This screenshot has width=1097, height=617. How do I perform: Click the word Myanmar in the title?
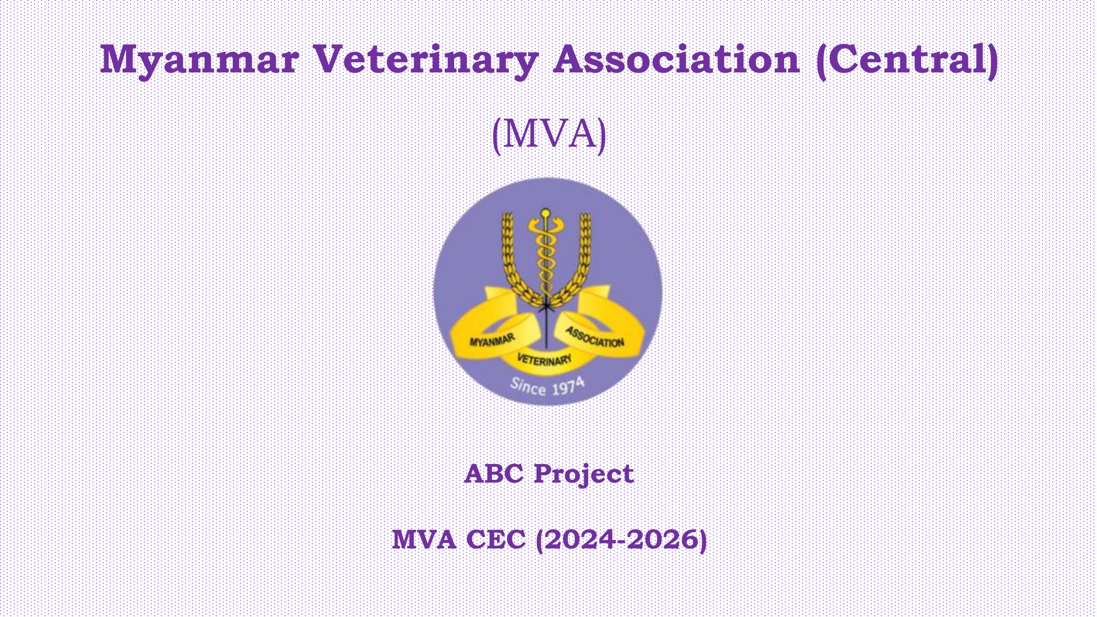199,61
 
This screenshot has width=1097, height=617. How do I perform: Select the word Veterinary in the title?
426,61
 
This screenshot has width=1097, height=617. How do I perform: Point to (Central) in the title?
907,61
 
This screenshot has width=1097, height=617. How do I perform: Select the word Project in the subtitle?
584,475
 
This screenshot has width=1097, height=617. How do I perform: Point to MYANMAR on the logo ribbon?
492,340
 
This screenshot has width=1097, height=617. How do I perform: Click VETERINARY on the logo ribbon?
544,359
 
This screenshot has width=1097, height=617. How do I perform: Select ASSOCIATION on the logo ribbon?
595,337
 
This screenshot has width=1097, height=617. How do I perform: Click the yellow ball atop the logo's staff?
546,213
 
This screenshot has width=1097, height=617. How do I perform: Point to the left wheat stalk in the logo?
514,261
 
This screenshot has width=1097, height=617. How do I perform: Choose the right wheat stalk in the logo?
576,261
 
